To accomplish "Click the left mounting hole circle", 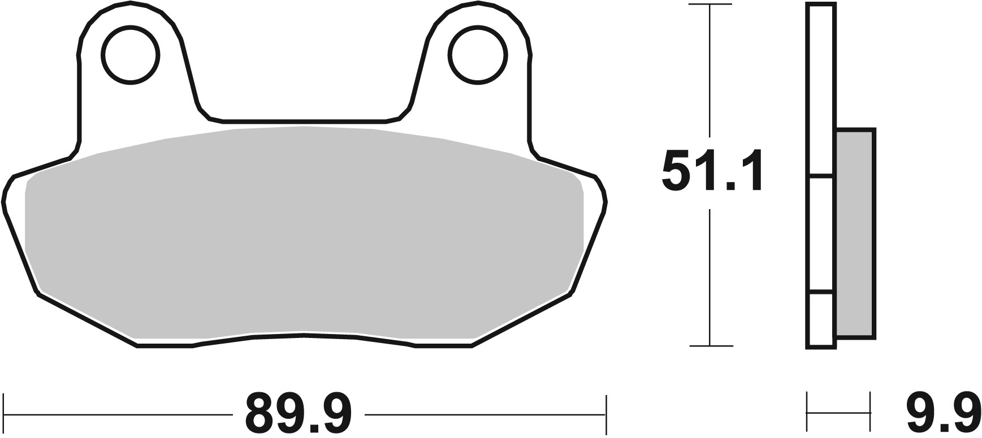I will (x=131, y=55).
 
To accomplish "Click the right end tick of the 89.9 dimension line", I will (x=606, y=414).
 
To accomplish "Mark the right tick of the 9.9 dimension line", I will (x=869, y=414).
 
